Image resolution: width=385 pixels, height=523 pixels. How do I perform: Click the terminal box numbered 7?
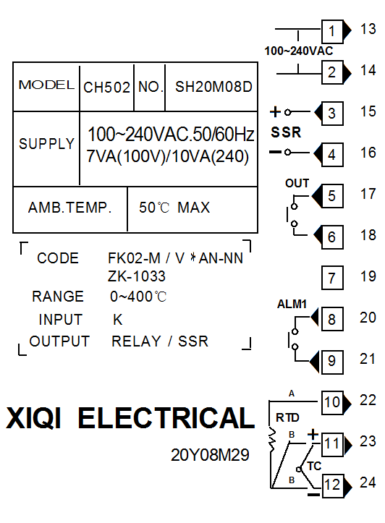click(x=332, y=278)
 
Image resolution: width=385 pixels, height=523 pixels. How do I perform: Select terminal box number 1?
click(x=332, y=31)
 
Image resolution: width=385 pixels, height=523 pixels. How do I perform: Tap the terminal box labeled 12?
click(x=333, y=485)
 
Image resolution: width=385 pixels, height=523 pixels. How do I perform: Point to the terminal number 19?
click(x=368, y=276)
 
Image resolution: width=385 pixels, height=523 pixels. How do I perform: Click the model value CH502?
click(x=106, y=88)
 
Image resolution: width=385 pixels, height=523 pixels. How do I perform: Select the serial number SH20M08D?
click(x=213, y=87)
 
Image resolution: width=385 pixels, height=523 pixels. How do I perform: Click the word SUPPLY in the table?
click(x=46, y=144)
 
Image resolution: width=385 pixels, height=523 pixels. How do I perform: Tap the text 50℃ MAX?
click(x=174, y=208)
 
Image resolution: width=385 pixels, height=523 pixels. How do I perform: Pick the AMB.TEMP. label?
click(x=69, y=208)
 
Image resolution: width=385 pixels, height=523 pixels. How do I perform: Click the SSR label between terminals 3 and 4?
click(x=286, y=132)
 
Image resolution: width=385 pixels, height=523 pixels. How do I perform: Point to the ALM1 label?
click(x=292, y=305)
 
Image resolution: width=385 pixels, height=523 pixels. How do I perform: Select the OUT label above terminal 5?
click(x=297, y=183)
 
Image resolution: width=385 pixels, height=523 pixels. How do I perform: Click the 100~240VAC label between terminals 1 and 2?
click(x=299, y=51)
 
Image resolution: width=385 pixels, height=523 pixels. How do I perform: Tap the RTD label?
click(x=287, y=417)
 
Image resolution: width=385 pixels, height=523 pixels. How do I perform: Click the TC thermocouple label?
click(x=314, y=466)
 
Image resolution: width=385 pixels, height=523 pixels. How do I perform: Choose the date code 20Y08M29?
click(x=210, y=455)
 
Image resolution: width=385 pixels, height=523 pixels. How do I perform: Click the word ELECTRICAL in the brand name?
click(x=166, y=417)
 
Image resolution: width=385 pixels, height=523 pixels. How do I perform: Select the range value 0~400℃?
click(x=138, y=297)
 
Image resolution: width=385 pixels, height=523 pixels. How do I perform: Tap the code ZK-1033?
click(x=137, y=276)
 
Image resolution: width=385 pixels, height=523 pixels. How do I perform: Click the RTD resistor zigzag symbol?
click(x=273, y=439)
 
